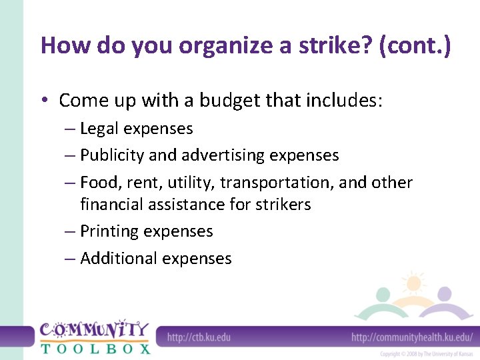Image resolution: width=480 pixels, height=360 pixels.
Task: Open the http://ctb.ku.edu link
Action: (x=199, y=337)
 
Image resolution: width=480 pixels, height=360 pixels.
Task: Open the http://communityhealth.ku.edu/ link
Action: (x=411, y=337)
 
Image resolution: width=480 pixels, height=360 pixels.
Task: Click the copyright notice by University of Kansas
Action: (x=425, y=354)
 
